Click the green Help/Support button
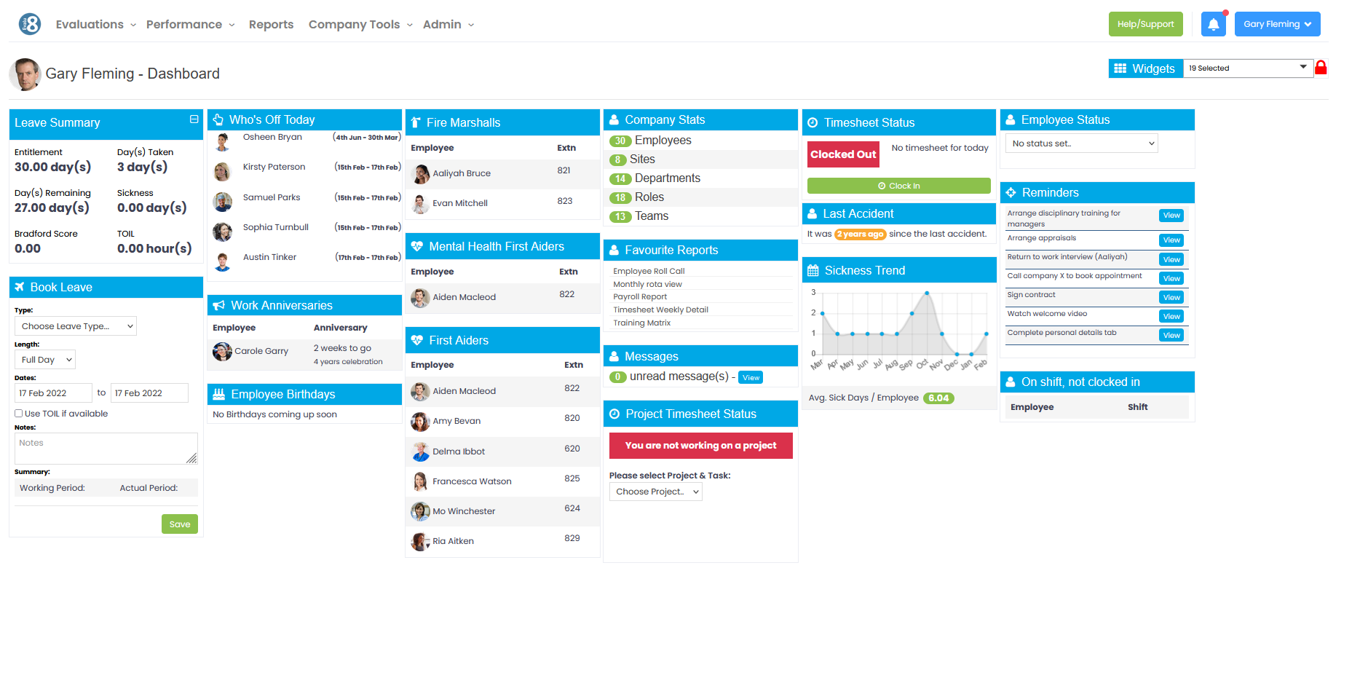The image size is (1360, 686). point(1145,24)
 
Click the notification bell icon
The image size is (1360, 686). point(1213,24)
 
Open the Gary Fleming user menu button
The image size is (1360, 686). point(1277,24)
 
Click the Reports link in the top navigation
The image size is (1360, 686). point(271,25)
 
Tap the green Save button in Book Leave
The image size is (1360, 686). point(179,524)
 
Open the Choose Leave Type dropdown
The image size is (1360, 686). point(76,326)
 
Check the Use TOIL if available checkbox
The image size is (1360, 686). point(19,414)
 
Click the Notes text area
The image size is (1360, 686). point(106,449)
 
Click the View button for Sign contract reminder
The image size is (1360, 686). point(1171,297)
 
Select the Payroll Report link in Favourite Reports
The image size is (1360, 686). point(639,297)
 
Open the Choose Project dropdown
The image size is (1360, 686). point(655,492)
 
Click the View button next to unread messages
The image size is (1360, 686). point(751,377)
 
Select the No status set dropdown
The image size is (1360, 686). point(1081,143)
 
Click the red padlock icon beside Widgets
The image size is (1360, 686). point(1321,68)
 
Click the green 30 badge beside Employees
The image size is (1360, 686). point(620,141)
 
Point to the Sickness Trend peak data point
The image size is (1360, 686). point(927,293)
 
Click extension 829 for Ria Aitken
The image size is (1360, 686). point(572,538)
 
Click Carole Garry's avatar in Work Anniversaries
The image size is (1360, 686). point(222,352)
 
